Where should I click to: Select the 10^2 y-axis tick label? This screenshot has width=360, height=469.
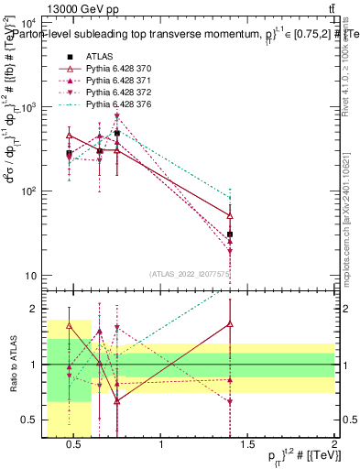27,191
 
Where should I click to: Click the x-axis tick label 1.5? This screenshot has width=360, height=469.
248,446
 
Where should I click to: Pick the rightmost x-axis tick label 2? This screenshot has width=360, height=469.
333,446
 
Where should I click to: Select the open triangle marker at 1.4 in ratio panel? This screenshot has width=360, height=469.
230,323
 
